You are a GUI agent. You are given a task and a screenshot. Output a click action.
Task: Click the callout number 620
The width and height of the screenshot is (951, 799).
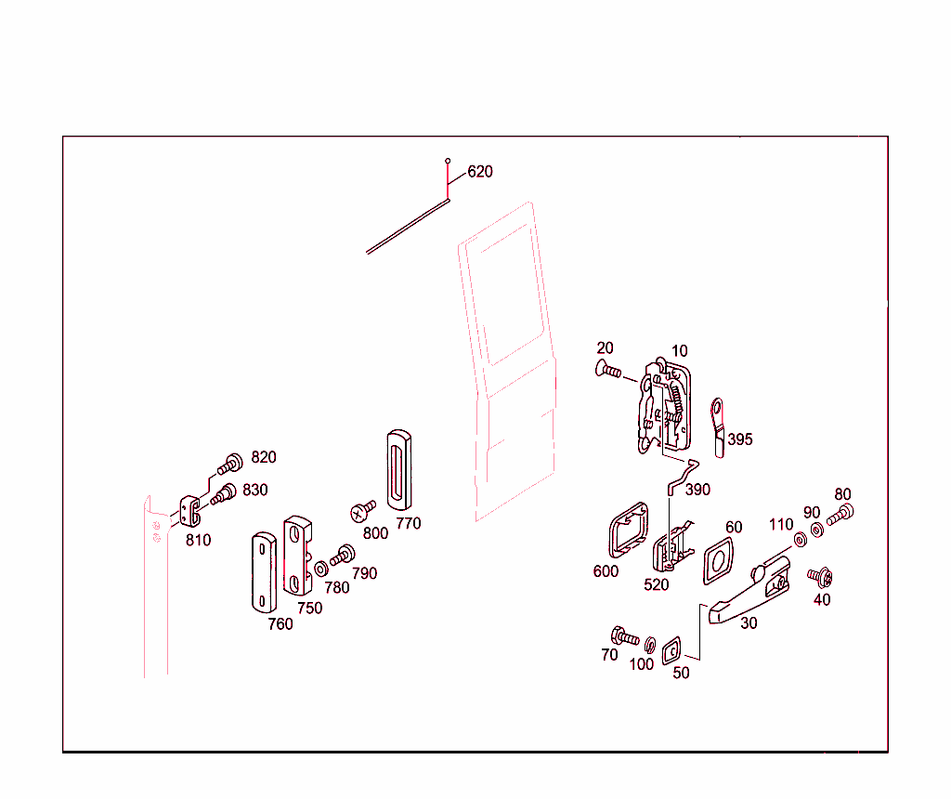tap(480, 172)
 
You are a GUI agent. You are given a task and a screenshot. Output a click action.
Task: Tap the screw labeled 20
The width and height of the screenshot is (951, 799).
tap(608, 372)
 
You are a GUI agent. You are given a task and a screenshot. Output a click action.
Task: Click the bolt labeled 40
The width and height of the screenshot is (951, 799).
tap(819, 578)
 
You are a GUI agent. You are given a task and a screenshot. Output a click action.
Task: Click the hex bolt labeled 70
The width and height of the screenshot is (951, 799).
tap(624, 637)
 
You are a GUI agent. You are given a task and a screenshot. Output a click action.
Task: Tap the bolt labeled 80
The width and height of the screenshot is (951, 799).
tap(840, 514)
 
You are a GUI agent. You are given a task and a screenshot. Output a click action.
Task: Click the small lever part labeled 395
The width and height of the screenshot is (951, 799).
tap(719, 425)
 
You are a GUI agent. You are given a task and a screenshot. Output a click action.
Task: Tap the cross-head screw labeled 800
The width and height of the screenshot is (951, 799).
tap(362, 511)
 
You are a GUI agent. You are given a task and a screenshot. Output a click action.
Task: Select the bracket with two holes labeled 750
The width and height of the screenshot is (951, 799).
tap(298, 557)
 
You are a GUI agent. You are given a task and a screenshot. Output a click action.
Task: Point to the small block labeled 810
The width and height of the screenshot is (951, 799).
tap(191, 510)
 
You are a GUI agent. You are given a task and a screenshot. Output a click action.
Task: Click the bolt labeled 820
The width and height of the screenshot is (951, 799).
tap(230, 462)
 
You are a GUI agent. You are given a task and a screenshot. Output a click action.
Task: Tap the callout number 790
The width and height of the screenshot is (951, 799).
tap(364, 573)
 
